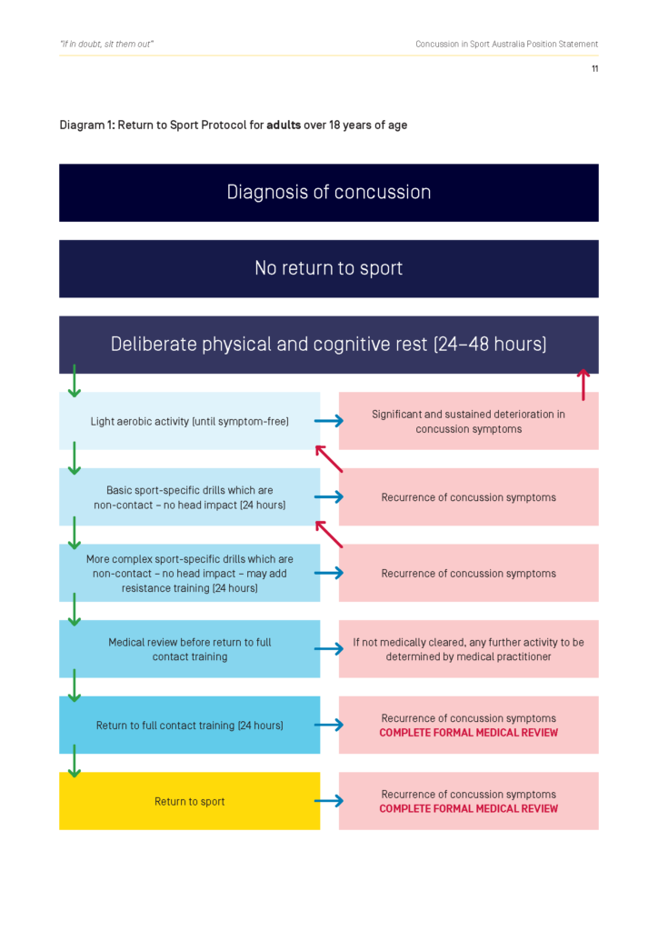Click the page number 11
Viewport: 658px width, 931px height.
[x=594, y=69]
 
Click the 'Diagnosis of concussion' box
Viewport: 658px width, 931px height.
[x=328, y=193]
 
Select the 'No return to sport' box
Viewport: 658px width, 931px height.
[x=328, y=268]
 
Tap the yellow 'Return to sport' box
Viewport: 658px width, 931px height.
[x=189, y=801]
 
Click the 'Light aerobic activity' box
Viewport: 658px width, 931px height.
[x=189, y=421]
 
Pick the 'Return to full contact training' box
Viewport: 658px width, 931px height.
[x=189, y=726]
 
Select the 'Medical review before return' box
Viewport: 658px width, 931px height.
[x=189, y=649]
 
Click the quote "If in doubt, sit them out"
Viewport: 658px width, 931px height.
[x=106, y=44]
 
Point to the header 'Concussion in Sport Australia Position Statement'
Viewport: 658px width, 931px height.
[x=506, y=44]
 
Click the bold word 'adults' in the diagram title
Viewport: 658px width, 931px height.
[x=284, y=125]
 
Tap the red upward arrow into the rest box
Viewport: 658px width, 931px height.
[x=583, y=385]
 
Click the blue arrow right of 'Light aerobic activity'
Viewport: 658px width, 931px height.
[x=329, y=421]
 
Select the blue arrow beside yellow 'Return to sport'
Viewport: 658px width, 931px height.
[x=329, y=801]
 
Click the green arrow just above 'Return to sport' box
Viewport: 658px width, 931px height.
[x=75, y=762]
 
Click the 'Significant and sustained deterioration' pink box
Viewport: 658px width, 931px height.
[x=468, y=421]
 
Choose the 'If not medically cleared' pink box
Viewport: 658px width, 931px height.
[x=468, y=649]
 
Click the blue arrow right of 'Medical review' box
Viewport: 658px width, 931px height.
[x=329, y=649]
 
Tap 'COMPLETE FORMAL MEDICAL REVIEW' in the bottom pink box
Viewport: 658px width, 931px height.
[x=468, y=808]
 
